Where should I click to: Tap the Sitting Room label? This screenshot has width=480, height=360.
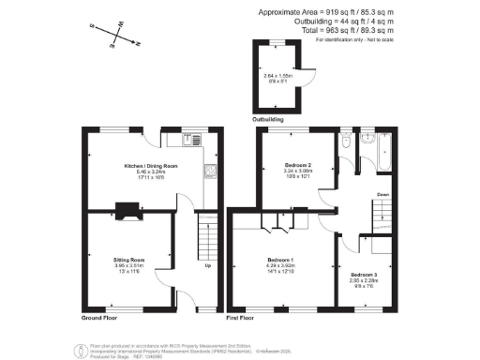click(x=128, y=258)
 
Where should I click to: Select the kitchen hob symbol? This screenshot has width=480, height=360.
click(x=210, y=172)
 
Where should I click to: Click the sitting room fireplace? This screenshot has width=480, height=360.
click(x=126, y=212)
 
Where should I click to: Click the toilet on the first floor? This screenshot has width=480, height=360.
click(x=347, y=142)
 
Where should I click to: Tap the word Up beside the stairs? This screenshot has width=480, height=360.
click(x=207, y=265)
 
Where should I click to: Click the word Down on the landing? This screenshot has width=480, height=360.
click(x=383, y=195)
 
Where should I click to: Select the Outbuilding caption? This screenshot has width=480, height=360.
click(x=267, y=119)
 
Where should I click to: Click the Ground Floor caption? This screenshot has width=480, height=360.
click(x=98, y=318)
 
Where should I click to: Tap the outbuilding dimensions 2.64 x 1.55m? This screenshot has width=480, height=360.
click(x=278, y=76)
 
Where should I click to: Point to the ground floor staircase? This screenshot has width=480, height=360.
click(x=206, y=238)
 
